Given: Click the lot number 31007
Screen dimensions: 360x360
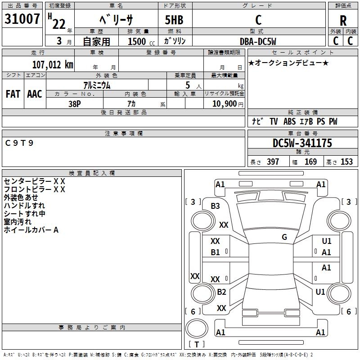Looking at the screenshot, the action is (x=22, y=19).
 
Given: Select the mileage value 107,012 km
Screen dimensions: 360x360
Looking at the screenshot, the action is (x=53, y=65).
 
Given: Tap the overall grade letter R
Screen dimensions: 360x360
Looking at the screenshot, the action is (x=343, y=21).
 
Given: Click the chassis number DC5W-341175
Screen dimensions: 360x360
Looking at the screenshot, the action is (x=302, y=143).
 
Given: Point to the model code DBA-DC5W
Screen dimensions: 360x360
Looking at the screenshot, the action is (x=258, y=41).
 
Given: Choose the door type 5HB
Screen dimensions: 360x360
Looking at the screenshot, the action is (x=174, y=20).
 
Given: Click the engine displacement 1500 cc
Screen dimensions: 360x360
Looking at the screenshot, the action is (x=141, y=41).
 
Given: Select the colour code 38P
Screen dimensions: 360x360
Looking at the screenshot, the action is (x=75, y=104).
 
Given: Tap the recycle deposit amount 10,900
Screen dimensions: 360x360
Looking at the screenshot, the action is (x=225, y=104).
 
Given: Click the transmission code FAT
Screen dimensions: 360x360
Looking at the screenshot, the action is (x=13, y=94).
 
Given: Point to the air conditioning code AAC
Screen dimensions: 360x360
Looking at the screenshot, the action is (x=35, y=94).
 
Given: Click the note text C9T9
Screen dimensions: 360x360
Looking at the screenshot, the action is (x=19, y=143).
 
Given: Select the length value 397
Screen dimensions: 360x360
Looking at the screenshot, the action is (x=273, y=162).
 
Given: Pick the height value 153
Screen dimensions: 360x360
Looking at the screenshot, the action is (x=346, y=162).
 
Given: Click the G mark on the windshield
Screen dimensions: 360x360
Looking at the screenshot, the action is (x=284, y=237).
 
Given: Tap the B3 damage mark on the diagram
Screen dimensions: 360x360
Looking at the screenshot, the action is (x=215, y=206).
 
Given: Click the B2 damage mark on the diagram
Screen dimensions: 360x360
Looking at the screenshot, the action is (x=221, y=292).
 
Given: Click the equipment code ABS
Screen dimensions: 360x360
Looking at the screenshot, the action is (x=289, y=121).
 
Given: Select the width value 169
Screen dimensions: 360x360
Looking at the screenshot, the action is (x=310, y=162).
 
